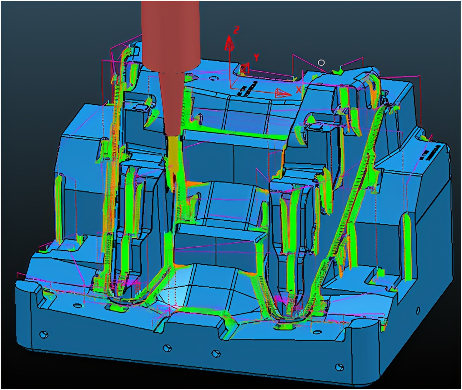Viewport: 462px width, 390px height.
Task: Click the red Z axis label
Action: pos(236,30)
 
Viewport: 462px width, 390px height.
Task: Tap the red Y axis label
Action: pos(256,58)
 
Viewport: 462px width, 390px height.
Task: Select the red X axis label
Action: pos(298,89)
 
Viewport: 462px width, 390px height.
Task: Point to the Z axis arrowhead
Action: pos(229,44)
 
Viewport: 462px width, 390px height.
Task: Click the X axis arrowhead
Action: pos(283,93)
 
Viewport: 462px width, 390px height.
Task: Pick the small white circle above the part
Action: pos(321,63)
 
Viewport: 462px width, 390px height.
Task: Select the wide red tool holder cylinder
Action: pos(170,36)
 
